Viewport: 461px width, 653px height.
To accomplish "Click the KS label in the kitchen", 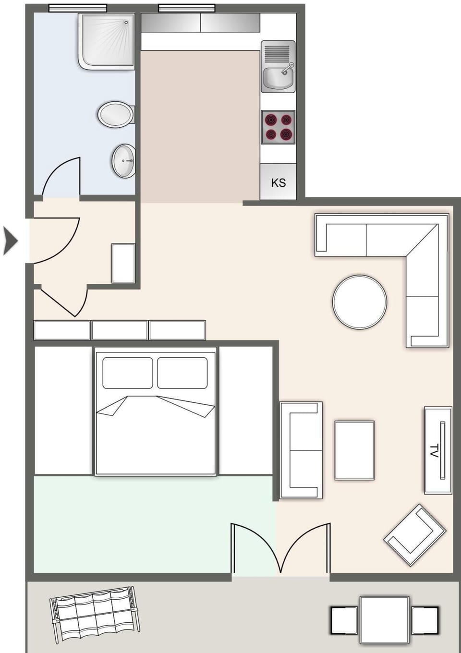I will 278,183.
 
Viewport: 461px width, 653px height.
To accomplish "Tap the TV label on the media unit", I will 435,451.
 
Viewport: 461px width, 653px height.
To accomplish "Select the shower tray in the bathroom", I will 107,41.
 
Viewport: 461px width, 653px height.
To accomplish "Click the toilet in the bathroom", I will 116,115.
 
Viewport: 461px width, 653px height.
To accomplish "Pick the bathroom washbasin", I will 124,161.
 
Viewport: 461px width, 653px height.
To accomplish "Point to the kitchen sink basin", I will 278,78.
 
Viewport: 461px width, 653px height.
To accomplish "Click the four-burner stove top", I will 278,127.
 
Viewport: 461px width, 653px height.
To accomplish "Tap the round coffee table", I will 359,302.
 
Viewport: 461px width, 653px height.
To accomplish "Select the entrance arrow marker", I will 10,241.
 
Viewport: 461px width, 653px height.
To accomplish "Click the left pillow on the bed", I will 128,373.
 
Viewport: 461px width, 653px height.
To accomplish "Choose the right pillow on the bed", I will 182,373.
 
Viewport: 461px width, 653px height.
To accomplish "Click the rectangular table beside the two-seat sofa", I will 354,450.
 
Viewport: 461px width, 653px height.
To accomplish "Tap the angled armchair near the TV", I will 415,534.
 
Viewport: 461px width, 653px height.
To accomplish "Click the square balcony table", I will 384,619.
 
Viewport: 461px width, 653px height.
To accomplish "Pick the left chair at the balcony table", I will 344,620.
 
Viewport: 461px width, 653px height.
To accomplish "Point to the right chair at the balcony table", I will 425,620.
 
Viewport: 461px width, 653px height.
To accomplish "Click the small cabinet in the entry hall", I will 123,263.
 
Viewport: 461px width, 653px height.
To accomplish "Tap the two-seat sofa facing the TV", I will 301,450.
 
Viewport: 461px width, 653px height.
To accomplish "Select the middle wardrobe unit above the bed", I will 120,330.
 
